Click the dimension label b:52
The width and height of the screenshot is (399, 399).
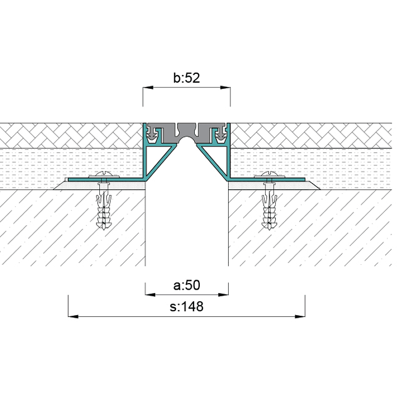click(x=186, y=78)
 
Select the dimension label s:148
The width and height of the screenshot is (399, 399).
click(x=186, y=306)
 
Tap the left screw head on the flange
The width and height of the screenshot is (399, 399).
click(x=104, y=176)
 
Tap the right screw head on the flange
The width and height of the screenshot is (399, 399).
click(x=270, y=176)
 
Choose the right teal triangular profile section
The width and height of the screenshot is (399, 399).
click(x=218, y=161)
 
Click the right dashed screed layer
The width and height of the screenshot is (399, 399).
click(x=311, y=164)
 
